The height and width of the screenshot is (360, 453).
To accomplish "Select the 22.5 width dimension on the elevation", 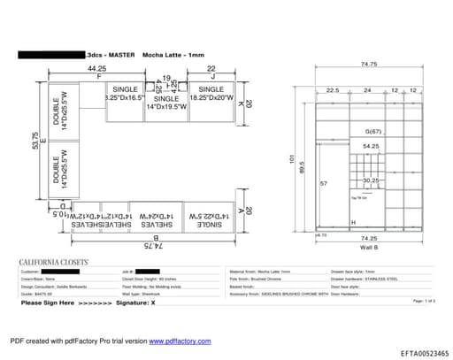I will tap(333, 90).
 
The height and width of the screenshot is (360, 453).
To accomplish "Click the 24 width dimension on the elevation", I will tap(367, 90).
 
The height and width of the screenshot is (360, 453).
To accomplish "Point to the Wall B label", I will tap(370, 247).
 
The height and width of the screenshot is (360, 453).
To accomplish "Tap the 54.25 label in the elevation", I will tap(371, 146).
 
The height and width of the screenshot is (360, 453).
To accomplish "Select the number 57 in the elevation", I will tap(324, 183).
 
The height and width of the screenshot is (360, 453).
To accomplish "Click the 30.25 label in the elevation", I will tap(371, 180).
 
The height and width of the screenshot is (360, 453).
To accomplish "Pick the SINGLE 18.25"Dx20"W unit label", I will tap(211, 95).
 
